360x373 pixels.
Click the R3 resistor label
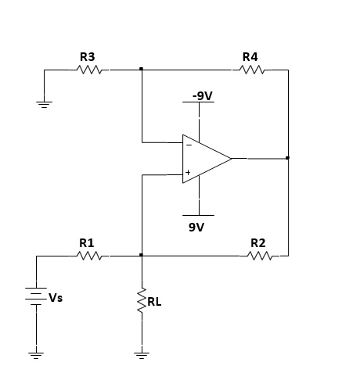[x=87, y=57]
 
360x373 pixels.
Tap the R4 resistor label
[x=250, y=57]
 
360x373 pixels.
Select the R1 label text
[x=86, y=243]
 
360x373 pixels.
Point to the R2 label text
[x=258, y=243]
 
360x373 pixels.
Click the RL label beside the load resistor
[x=154, y=302]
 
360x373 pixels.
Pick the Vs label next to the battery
[x=56, y=298]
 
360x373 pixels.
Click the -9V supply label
[x=203, y=95]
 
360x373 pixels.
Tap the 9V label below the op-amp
[x=196, y=228]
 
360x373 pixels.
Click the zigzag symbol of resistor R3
[x=89, y=70]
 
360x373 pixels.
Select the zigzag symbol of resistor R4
[x=252, y=70]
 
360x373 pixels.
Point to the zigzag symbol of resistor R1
[x=89, y=256]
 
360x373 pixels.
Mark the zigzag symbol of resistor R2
[x=260, y=256]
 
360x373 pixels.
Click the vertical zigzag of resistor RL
[x=142, y=300]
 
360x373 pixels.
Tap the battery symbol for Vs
[x=36, y=296]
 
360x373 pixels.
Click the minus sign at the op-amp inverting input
[x=189, y=145]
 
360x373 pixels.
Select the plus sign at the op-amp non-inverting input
[x=188, y=172]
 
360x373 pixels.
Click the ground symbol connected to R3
[x=44, y=105]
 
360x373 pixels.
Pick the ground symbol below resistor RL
[x=142, y=356]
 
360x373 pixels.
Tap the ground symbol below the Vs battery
[x=36, y=356]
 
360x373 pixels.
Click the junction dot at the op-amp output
[x=287, y=158]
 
